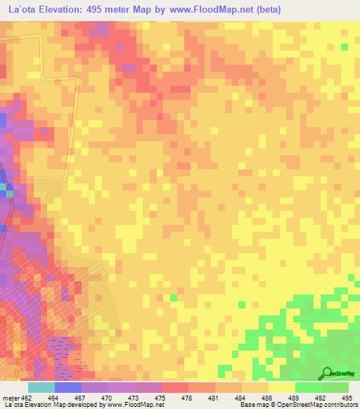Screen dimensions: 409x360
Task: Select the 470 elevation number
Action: coord(108,398)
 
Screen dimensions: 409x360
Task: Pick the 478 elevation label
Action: coord(187,398)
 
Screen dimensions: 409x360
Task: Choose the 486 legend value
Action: coord(266,398)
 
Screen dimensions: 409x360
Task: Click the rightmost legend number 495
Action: coord(346,398)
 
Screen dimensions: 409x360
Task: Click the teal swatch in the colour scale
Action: coord(41,387)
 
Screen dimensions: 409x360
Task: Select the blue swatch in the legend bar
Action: coord(68,387)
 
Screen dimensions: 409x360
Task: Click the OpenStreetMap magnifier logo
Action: coord(327,372)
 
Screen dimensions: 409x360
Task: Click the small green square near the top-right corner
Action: coord(345,46)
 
